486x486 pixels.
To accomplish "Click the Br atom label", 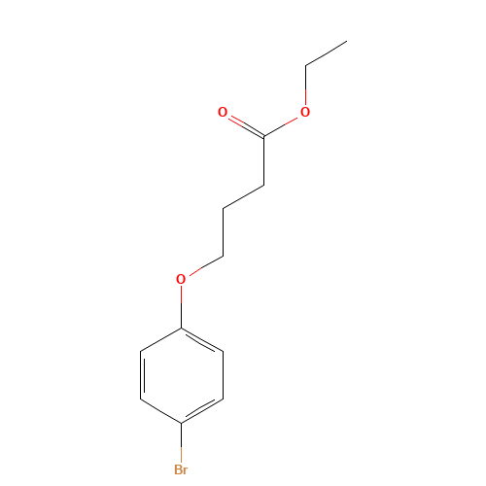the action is [x=181, y=469].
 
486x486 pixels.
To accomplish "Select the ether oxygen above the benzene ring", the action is [x=181, y=280].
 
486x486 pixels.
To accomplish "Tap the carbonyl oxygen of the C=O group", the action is [x=223, y=113].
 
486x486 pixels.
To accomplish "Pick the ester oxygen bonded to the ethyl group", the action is [x=304, y=113].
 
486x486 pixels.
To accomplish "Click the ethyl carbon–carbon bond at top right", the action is [x=326, y=53].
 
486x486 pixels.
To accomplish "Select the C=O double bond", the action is [x=243, y=124].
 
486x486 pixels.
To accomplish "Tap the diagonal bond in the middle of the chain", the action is [x=243, y=195].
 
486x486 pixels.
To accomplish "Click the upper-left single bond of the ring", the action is [x=161, y=339].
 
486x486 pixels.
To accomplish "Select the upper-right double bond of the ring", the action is [x=202, y=339].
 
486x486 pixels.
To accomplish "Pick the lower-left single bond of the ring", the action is [x=161, y=410].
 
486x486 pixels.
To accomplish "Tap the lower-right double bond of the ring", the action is [x=202, y=410].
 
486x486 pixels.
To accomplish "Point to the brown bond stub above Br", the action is [x=181, y=442].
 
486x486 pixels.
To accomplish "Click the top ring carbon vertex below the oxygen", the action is [x=182, y=328].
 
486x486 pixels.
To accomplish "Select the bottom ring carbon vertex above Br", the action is [x=182, y=422].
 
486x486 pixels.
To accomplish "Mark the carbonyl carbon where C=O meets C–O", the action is [x=263, y=136].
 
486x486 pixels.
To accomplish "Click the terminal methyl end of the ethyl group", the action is [x=346, y=42].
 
